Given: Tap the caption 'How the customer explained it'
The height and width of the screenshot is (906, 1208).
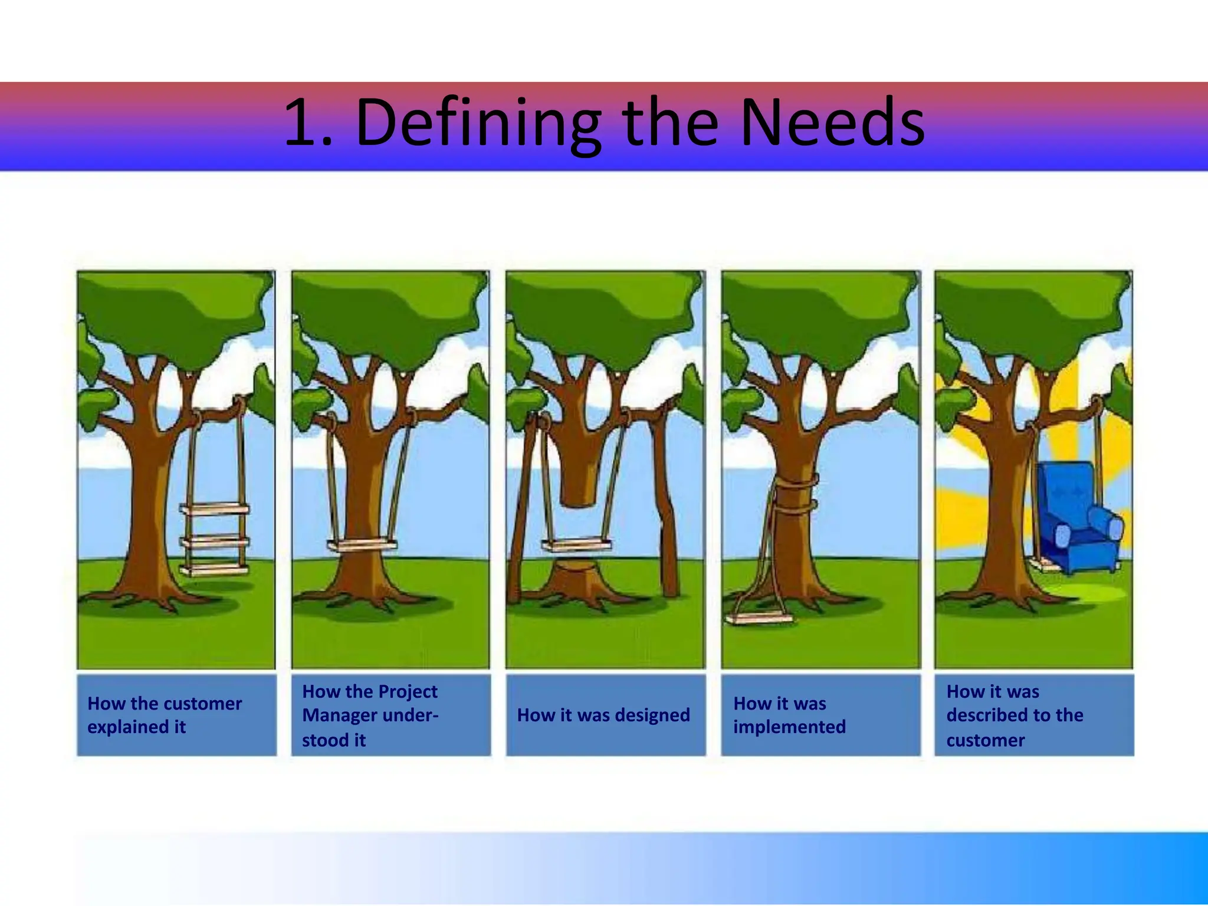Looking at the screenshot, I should click(x=165, y=715).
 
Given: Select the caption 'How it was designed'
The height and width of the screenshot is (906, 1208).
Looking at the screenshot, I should click(x=603, y=715).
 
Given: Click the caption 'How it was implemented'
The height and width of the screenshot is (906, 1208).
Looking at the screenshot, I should click(x=789, y=715).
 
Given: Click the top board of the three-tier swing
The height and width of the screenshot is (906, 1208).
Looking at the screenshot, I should click(x=215, y=509).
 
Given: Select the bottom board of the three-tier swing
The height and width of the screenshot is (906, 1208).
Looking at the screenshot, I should click(x=215, y=569).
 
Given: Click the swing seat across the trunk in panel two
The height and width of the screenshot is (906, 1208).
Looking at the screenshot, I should click(x=362, y=545).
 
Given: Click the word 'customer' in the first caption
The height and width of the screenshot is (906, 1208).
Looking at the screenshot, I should click(x=206, y=704).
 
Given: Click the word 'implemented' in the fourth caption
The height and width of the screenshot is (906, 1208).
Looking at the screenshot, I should click(x=789, y=727).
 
